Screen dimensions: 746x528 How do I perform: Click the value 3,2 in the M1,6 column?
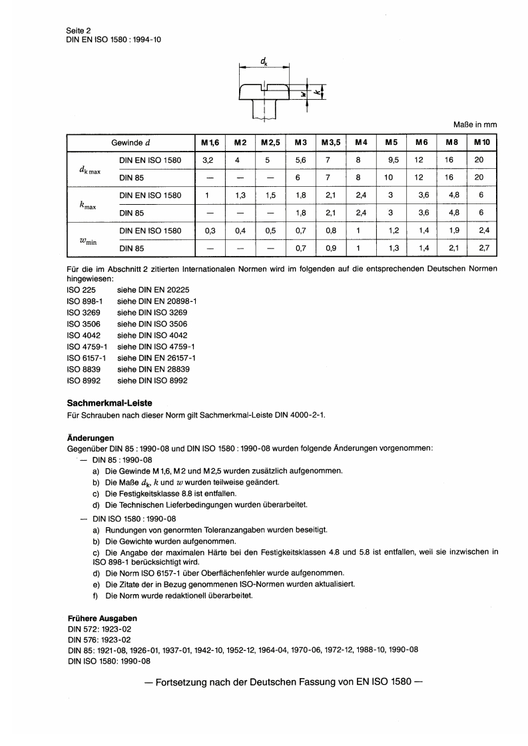[207, 160]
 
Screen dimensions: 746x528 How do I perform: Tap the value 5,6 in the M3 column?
[301, 160]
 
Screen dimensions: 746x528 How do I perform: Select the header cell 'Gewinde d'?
[131, 143]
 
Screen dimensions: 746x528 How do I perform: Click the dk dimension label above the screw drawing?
[264, 62]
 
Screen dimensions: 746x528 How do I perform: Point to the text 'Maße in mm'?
[475, 124]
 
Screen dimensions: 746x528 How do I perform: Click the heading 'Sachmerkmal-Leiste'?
[110, 403]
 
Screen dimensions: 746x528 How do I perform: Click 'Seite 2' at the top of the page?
[79, 31]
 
